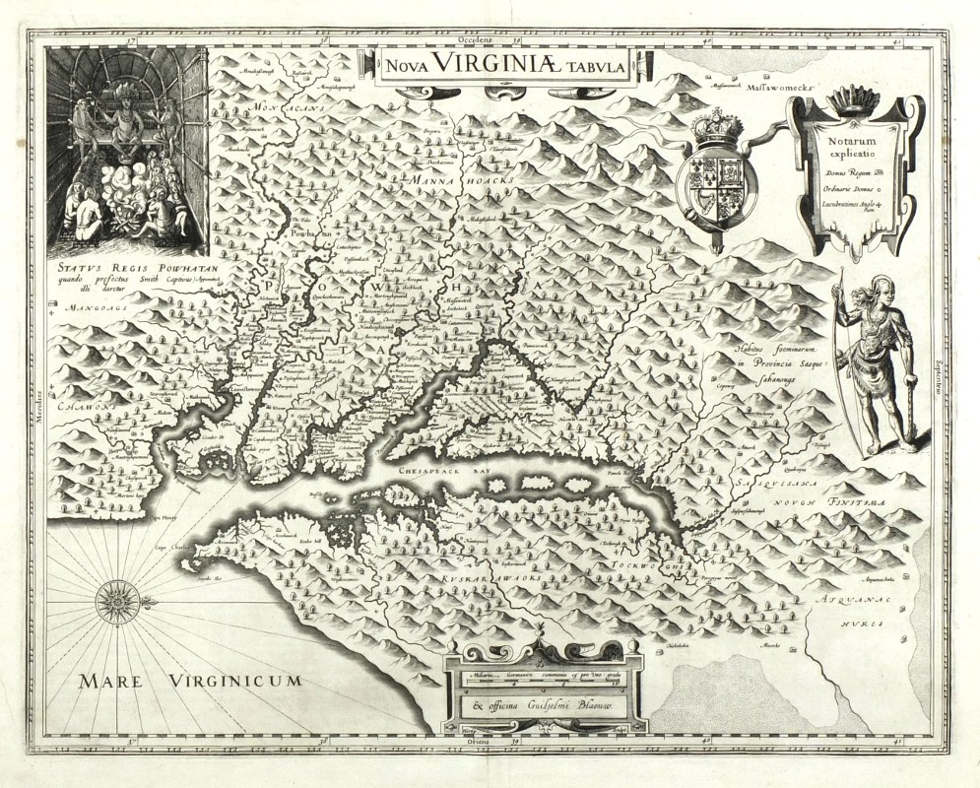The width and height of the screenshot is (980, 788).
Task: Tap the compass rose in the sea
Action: click(116, 599)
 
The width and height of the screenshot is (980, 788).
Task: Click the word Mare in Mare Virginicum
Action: click(116, 680)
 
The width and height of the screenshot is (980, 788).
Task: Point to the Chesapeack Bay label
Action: click(435, 471)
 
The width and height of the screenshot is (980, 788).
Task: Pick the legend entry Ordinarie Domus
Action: click(843, 191)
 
